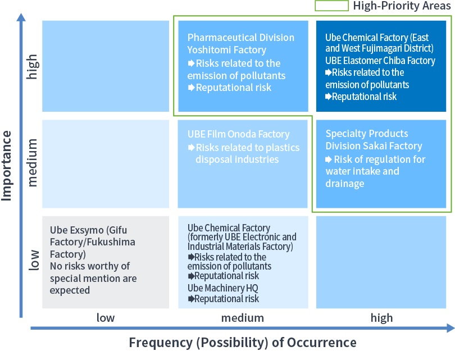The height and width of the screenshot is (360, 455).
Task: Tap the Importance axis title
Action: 7,165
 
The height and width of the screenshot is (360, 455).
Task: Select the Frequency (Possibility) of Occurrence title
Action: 242,342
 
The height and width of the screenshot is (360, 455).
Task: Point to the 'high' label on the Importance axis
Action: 33,66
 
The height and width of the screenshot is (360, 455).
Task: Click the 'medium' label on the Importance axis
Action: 33,163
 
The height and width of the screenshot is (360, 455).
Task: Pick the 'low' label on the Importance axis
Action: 33,260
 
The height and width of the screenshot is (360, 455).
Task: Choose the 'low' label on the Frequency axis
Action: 106,318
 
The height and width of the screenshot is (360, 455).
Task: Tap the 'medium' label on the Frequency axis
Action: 242,318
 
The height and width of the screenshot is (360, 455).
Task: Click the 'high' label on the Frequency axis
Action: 381,318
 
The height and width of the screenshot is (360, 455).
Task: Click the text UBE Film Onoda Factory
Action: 238,134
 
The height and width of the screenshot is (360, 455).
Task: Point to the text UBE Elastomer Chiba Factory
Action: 380,61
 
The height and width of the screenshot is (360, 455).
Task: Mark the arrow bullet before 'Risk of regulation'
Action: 329,159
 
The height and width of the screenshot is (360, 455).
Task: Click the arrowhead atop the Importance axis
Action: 21,16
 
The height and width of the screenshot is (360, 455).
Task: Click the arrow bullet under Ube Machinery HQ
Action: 190,299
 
